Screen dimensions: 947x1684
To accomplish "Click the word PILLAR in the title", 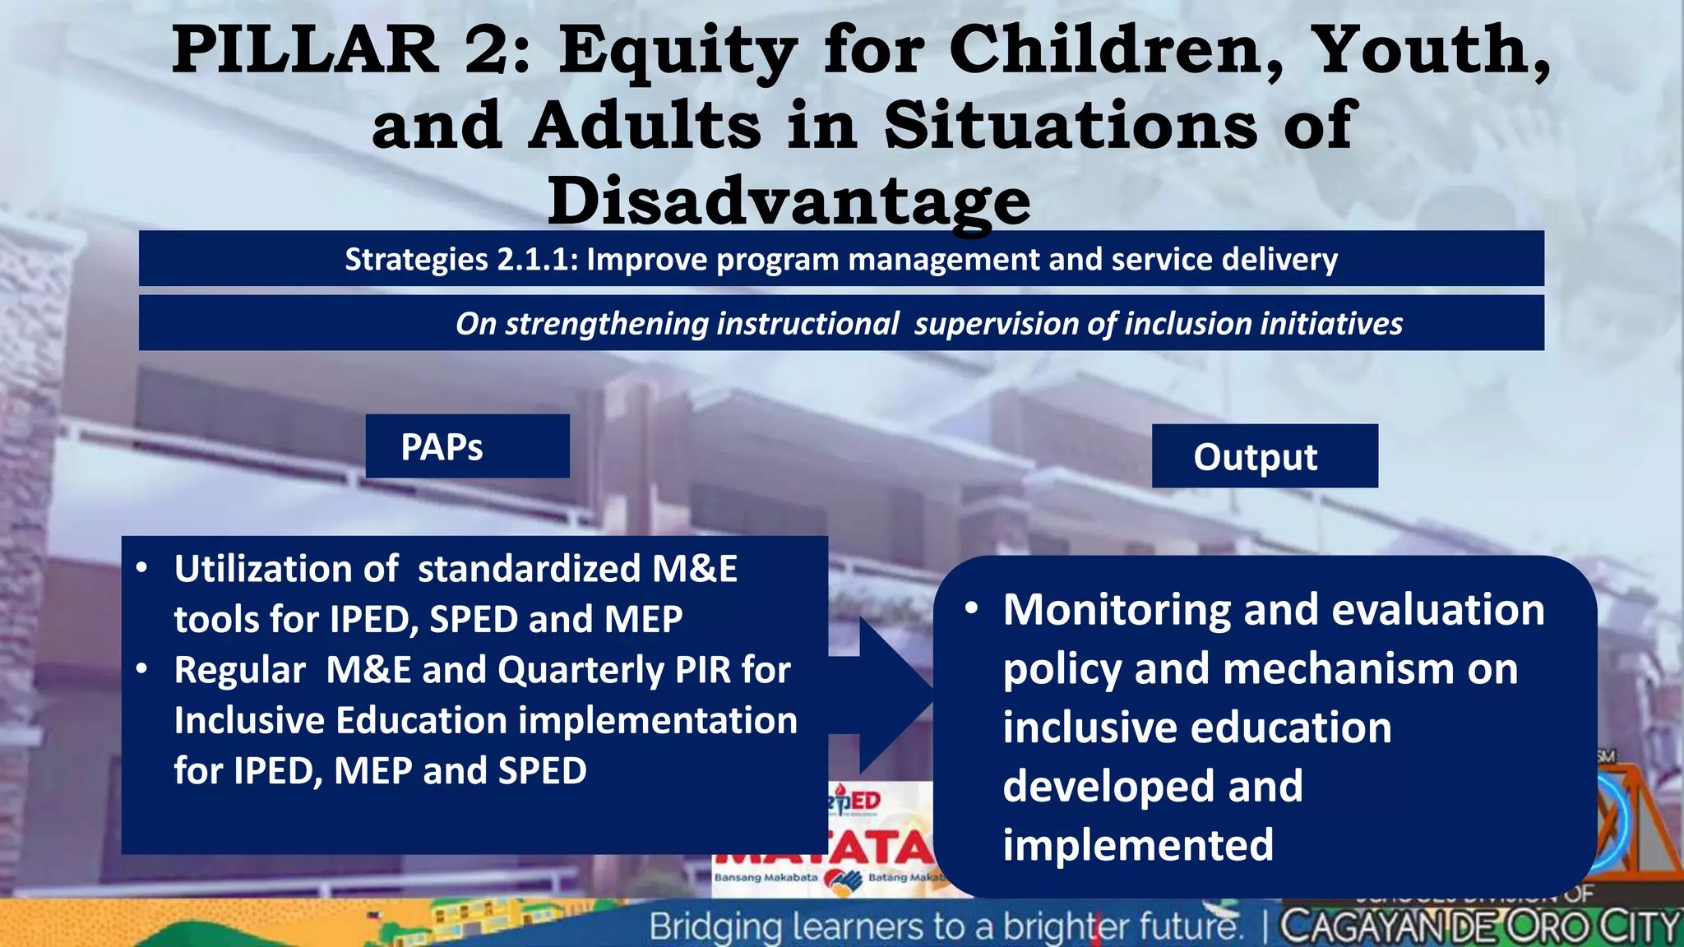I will coord(304,51).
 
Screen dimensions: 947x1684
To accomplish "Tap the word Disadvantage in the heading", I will coord(789,201).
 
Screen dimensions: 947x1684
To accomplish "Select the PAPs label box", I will coord(467,446).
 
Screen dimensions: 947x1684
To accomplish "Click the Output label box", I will coord(1264,456).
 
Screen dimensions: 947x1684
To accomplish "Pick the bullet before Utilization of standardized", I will coord(142,568).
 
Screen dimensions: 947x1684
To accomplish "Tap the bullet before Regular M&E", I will coord(142,669).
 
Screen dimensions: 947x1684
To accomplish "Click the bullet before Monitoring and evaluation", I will coord(972,609).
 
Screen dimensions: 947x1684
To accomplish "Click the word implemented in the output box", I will coord(1137,845).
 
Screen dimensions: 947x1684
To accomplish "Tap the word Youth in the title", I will coord(1427,51).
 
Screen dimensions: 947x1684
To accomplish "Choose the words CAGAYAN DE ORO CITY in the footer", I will coord(1478,927).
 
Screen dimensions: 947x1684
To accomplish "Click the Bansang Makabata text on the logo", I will coord(765,877).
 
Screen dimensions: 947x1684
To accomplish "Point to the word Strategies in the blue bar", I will coord(416,260).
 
